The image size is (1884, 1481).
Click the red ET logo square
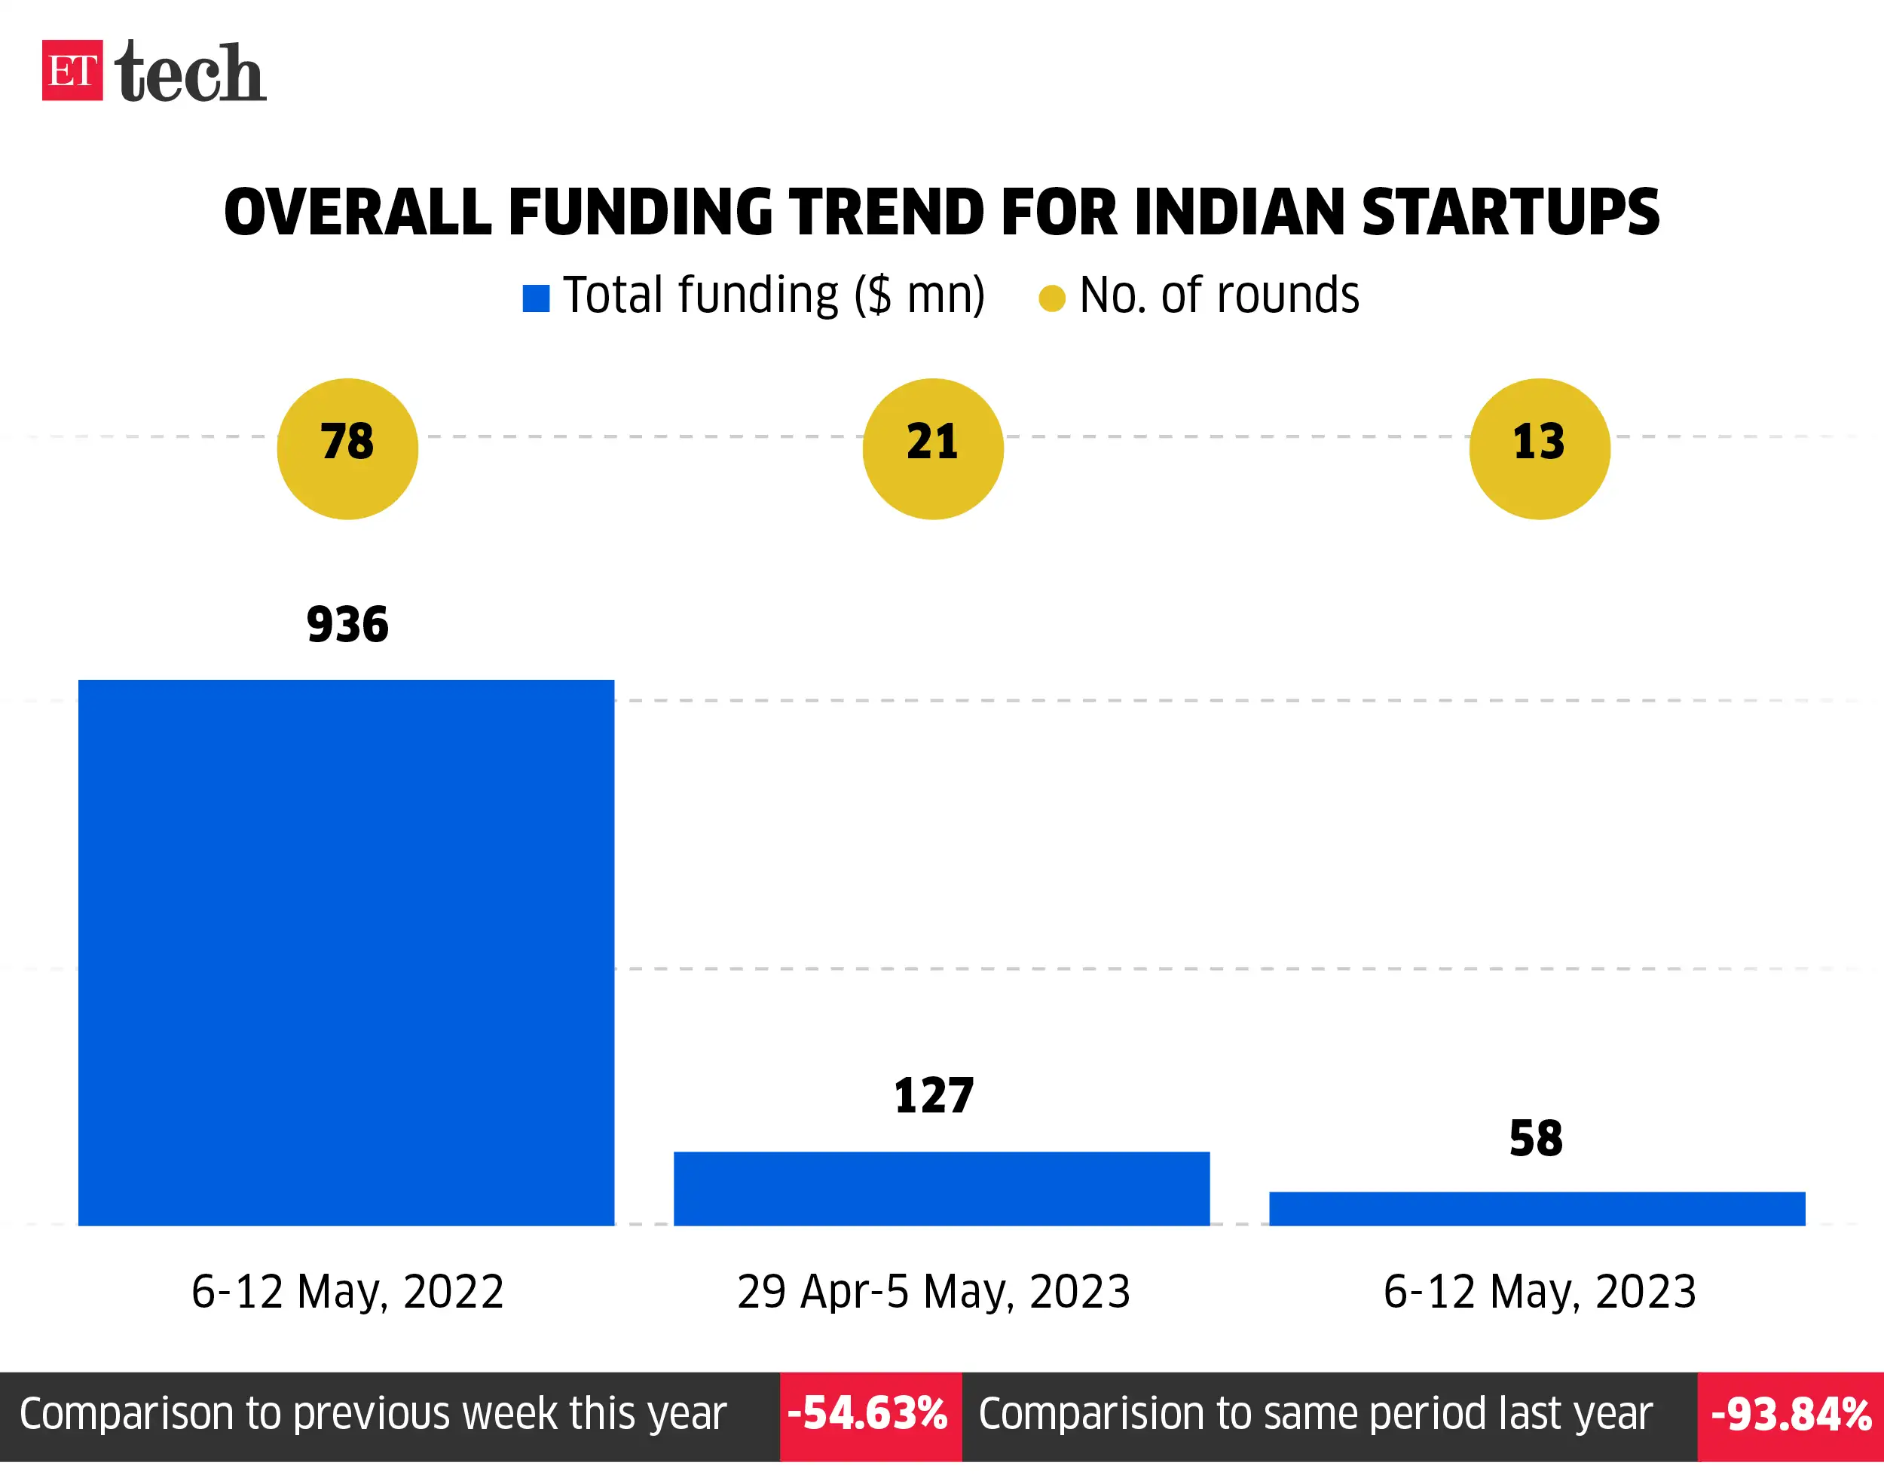tap(72, 70)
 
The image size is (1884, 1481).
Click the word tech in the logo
tap(190, 73)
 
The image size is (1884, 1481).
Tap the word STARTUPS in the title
tap(1509, 213)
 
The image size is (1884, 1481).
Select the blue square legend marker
tap(536, 298)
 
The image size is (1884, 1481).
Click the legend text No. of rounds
tap(1218, 295)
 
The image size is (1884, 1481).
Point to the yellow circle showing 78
tap(347, 448)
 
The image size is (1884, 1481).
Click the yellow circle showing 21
tap(933, 448)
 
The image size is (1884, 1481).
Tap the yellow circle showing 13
tap(1539, 448)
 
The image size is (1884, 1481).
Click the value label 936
tap(347, 624)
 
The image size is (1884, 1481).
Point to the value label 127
tap(934, 1095)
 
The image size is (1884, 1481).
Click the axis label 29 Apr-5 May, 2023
tap(934, 1291)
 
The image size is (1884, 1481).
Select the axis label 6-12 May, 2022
tap(347, 1291)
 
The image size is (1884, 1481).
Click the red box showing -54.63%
tap(870, 1415)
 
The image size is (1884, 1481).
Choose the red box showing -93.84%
tap(1791, 1415)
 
